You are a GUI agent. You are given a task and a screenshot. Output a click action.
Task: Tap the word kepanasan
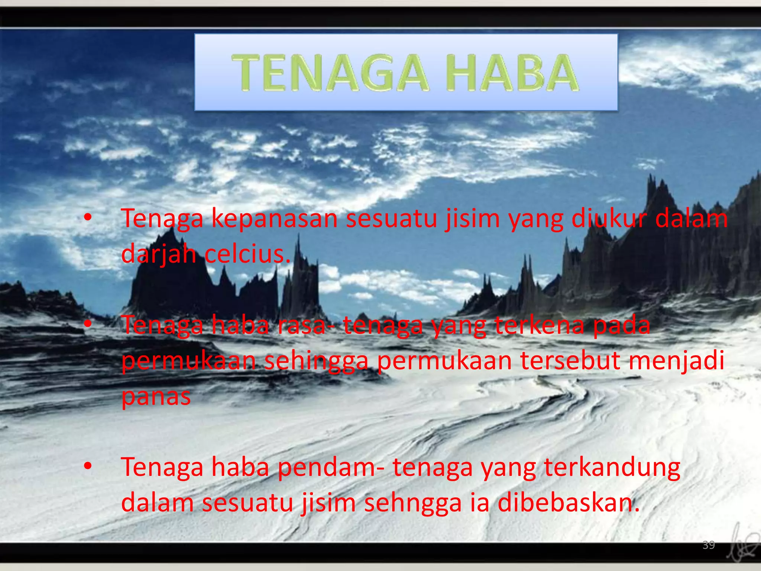pos(274,219)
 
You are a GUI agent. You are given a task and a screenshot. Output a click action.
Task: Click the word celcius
pos(247,254)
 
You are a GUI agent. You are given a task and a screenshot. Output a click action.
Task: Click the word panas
pos(156,396)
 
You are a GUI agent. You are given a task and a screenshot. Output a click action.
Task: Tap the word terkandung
pos(612,468)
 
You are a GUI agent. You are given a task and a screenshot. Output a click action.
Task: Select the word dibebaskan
pos(569,503)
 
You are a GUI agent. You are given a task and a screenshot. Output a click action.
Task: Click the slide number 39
pos(709,545)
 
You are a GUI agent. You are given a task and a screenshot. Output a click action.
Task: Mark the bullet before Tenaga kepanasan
pos(87,218)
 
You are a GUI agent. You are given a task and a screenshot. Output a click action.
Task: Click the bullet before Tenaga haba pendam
pos(87,466)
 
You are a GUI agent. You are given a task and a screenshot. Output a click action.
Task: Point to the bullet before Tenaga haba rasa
pos(87,324)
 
